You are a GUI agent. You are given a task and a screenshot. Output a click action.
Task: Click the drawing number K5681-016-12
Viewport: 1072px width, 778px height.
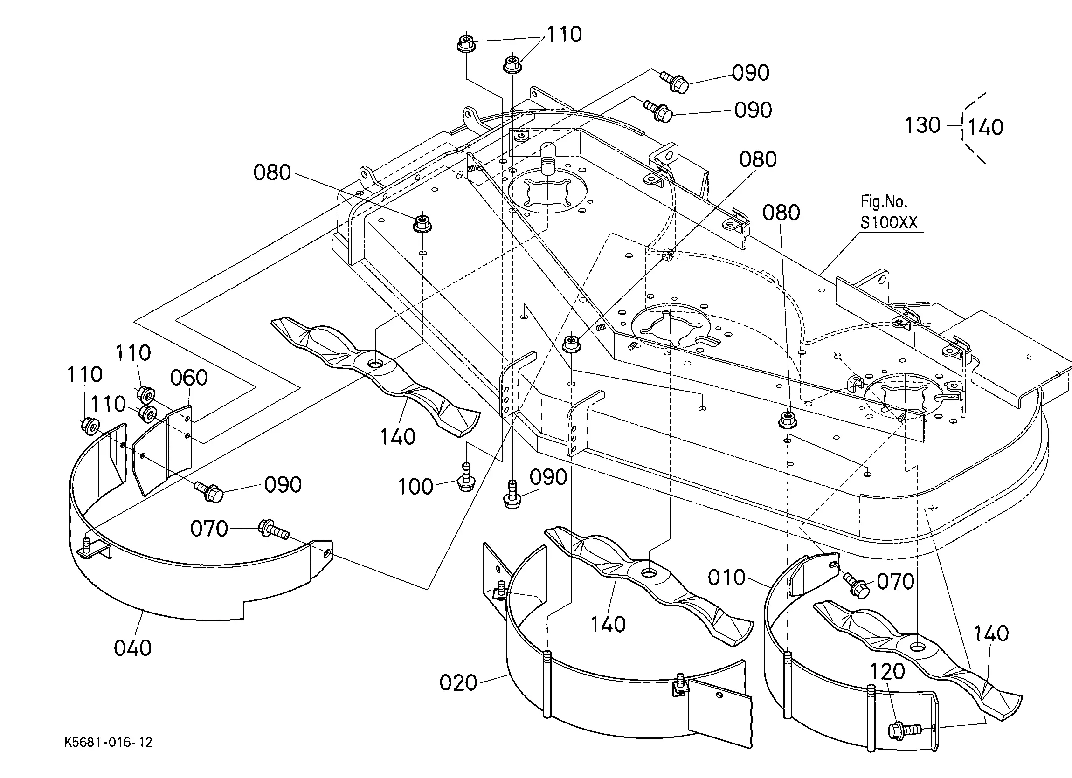(109, 743)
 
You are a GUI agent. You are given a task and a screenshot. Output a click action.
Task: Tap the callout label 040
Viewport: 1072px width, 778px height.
(133, 647)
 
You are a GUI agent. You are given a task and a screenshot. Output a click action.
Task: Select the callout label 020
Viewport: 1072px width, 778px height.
(458, 682)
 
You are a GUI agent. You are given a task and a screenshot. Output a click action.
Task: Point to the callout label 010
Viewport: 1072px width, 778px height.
(726, 578)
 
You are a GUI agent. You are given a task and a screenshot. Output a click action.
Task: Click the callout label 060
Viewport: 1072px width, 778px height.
(189, 378)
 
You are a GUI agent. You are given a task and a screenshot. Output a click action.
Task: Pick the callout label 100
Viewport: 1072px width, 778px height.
(415, 486)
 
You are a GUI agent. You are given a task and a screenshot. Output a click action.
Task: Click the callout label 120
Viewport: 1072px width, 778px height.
(887, 672)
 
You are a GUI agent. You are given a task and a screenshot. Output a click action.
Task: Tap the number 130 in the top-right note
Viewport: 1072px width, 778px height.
(922, 125)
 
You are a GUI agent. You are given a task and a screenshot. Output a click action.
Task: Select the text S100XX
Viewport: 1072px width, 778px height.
(889, 223)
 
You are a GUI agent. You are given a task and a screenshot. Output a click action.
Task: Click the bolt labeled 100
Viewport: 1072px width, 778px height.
(465, 478)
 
